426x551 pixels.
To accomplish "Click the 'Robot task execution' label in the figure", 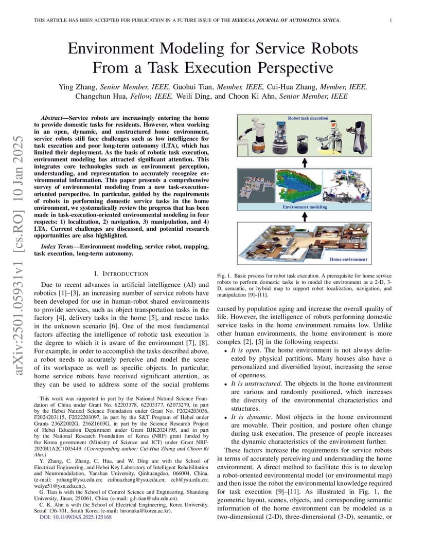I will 308,118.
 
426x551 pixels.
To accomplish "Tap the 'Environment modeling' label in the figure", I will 305,207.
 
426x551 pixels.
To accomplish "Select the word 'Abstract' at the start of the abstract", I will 53,118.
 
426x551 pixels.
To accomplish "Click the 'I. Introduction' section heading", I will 121,273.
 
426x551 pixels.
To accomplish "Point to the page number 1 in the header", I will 391,20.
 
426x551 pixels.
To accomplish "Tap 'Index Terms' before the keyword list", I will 56,247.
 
